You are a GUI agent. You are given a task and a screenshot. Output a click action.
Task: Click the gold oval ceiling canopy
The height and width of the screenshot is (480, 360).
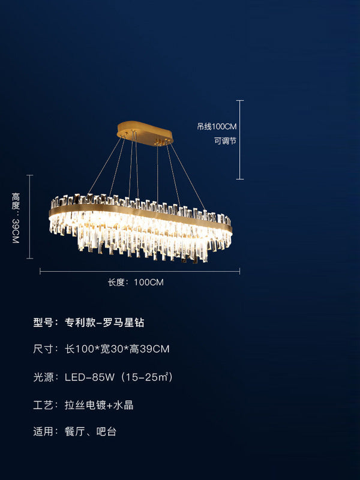(x=144, y=130)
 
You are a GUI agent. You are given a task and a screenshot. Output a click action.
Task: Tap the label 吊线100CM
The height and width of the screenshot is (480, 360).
(x=217, y=127)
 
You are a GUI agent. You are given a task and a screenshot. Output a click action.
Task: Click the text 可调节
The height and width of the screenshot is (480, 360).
(x=225, y=141)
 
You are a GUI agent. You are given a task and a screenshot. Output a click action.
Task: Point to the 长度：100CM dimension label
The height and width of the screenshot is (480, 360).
(x=136, y=282)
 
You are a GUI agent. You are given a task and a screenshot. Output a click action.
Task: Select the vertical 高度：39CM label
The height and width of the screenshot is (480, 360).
(x=16, y=218)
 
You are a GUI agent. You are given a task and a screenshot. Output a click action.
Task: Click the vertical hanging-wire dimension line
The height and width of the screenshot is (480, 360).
(x=240, y=139)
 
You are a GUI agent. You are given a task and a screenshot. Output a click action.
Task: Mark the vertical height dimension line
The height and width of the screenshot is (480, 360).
(x=30, y=217)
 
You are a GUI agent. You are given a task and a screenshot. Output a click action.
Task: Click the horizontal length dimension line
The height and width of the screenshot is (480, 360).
(x=140, y=272)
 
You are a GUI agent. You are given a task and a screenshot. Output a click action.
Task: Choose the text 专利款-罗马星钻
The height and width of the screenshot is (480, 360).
(x=104, y=322)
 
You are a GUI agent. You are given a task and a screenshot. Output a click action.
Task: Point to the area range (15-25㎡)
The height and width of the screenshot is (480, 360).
(x=147, y=377)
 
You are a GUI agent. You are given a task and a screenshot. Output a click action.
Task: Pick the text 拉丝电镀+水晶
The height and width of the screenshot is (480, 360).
(x=99, y=405)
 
